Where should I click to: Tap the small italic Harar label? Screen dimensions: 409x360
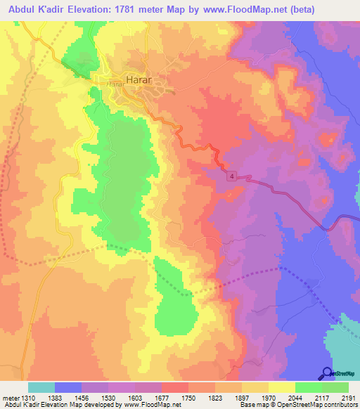point(115,84)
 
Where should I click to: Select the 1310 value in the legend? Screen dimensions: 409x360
point(25,397)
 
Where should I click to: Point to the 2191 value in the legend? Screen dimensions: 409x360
point(349,397)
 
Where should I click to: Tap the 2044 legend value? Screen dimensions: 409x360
point(295,397)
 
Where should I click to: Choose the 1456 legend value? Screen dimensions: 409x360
point(79,397)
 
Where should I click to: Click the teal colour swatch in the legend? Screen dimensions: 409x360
point(41,387)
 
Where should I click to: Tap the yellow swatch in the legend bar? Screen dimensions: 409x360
point(282,387)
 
